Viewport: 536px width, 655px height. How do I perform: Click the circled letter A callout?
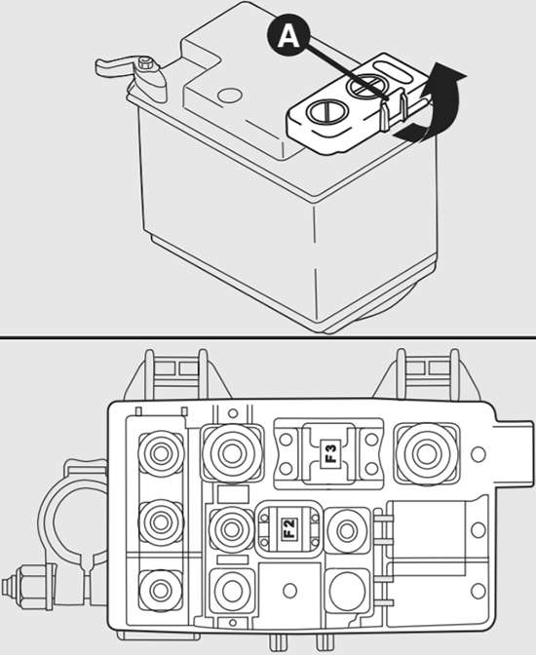(288, 38)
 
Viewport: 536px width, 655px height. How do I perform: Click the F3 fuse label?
(331, 453)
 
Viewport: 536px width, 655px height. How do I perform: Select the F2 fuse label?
(289, 528)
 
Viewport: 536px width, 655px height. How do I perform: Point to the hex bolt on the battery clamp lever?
(145, 63)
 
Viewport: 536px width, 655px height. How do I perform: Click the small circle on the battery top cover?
(230, 96)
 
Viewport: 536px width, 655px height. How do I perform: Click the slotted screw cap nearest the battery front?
(326, 112)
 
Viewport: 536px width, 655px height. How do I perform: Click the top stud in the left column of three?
(161, 453)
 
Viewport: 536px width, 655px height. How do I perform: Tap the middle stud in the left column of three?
(161, 521)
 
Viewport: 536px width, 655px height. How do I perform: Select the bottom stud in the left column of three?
(161, 591)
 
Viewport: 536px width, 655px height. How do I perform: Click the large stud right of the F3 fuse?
(427, 453)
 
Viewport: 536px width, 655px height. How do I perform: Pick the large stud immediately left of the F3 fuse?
(231, 453)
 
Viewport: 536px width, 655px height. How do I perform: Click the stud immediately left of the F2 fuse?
(231, 529)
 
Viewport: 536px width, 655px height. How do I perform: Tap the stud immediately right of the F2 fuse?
(347, 530)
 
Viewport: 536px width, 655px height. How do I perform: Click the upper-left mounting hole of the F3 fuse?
(287, 440)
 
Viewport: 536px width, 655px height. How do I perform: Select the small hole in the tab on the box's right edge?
(479, 453)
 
